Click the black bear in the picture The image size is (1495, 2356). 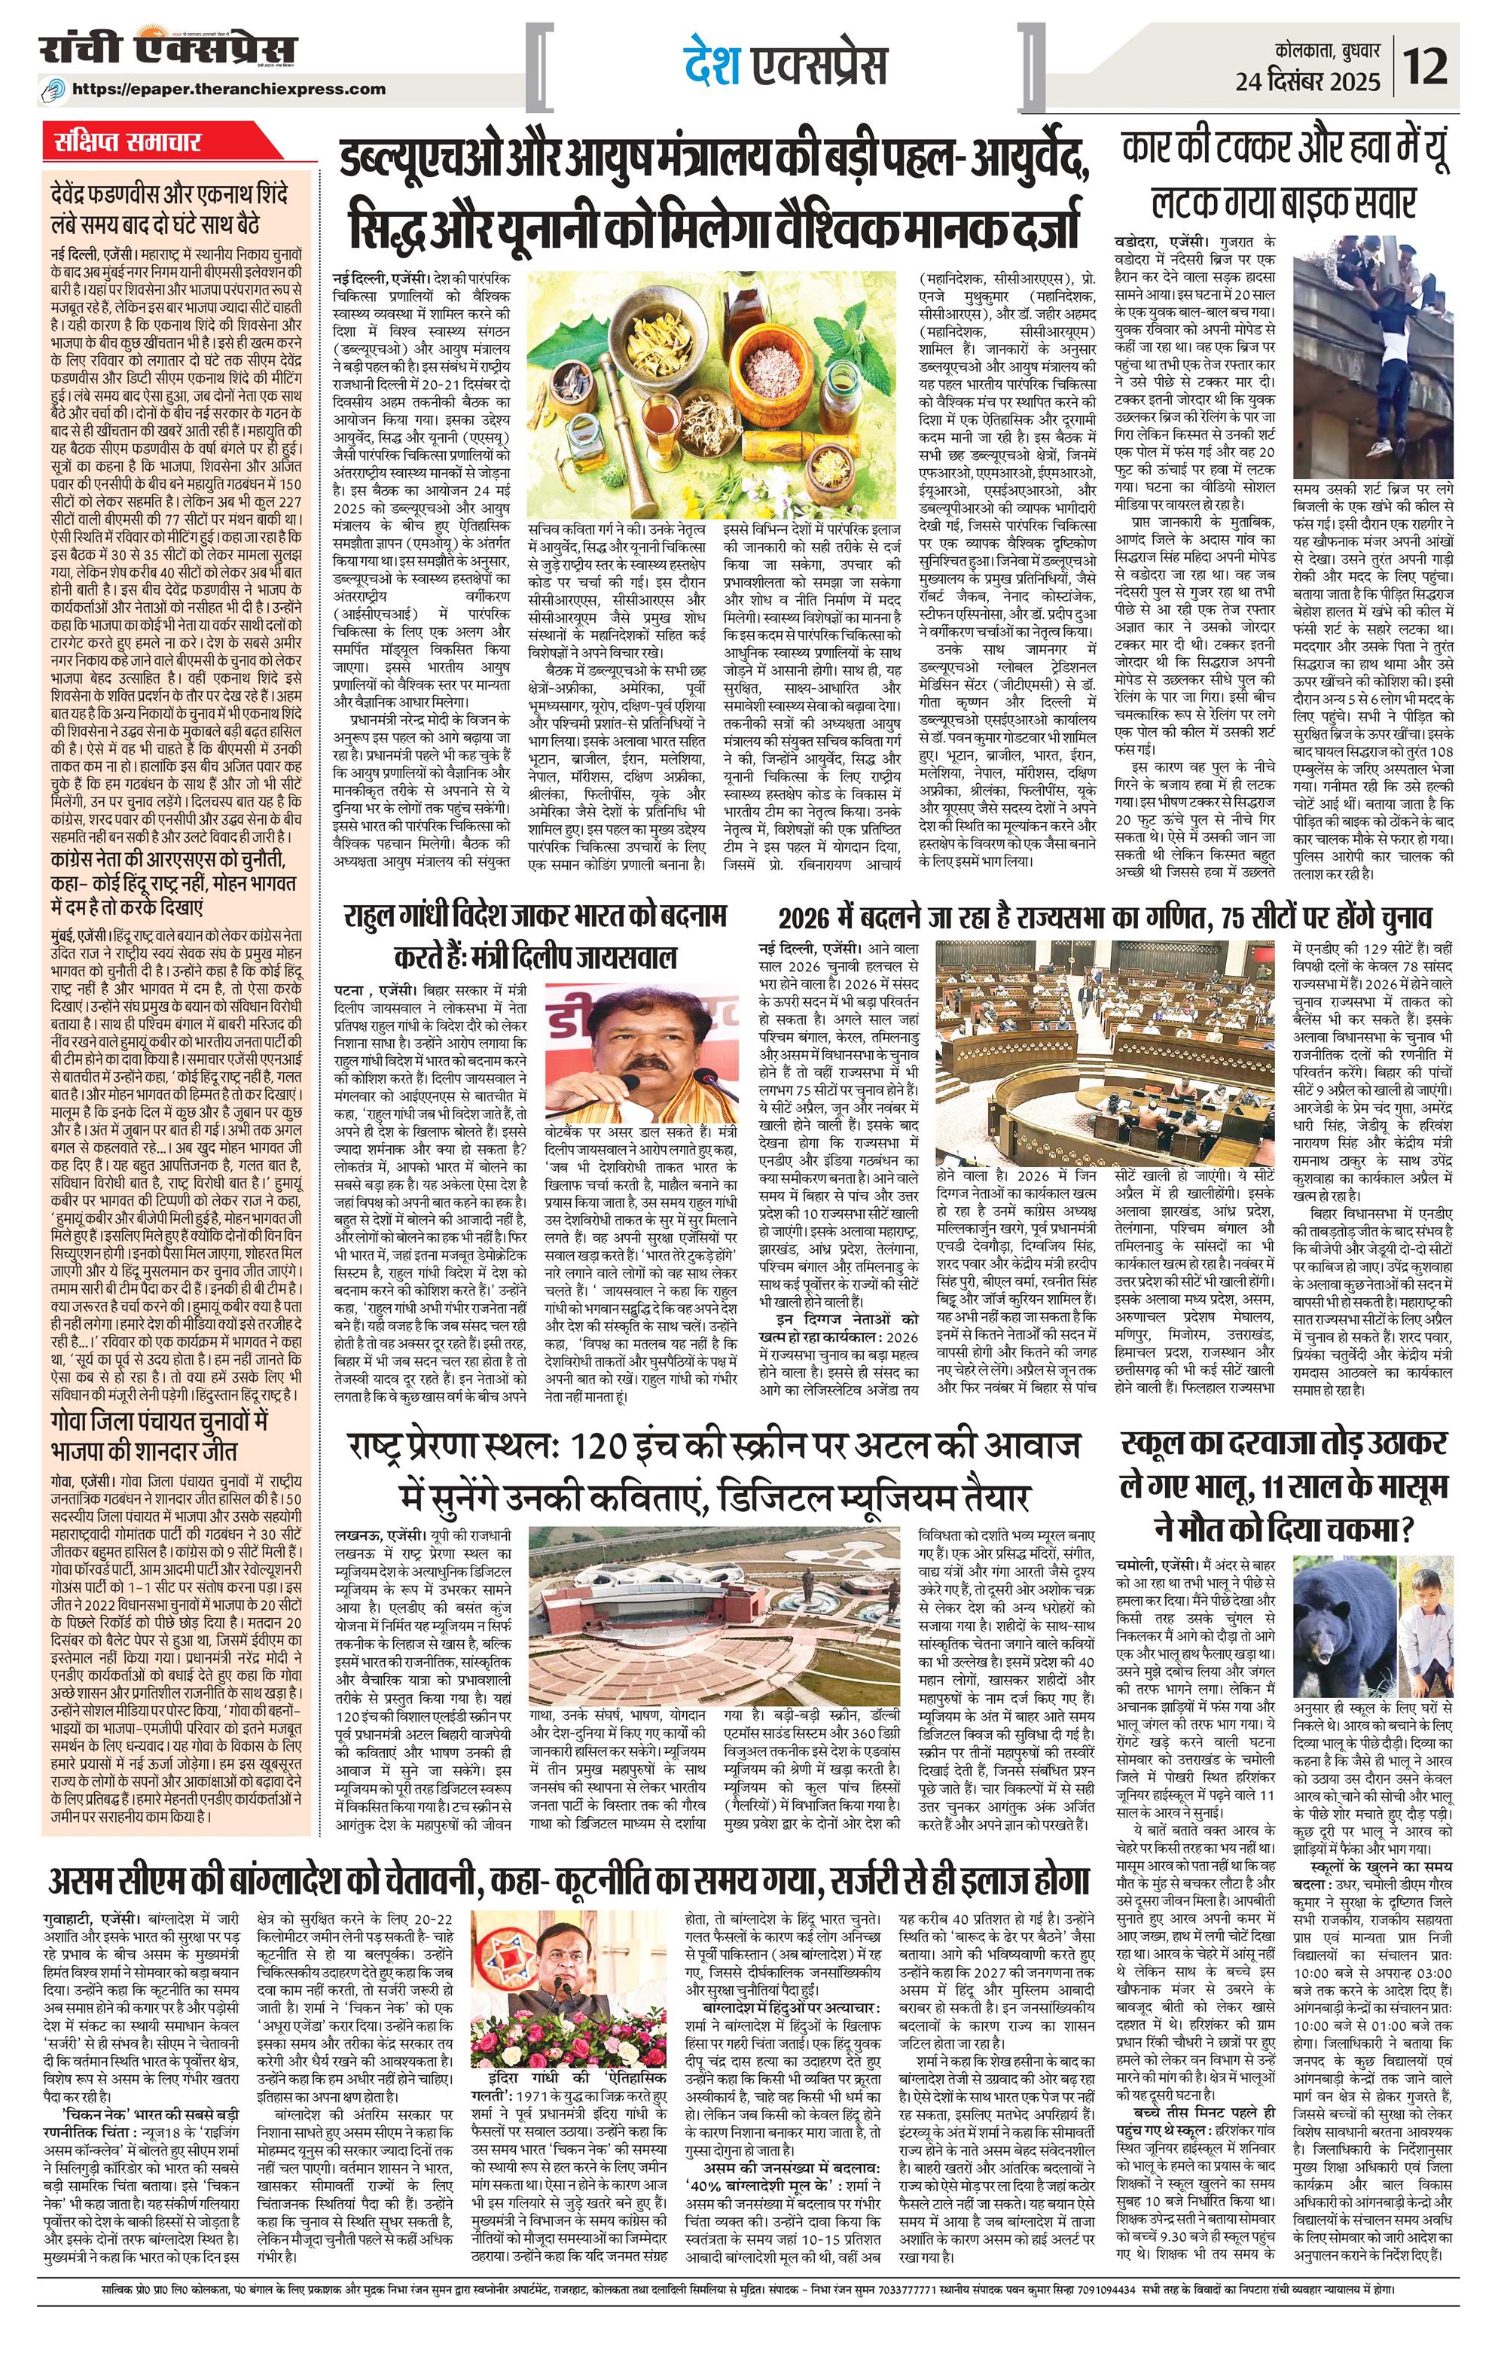coord(1347,1702)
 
